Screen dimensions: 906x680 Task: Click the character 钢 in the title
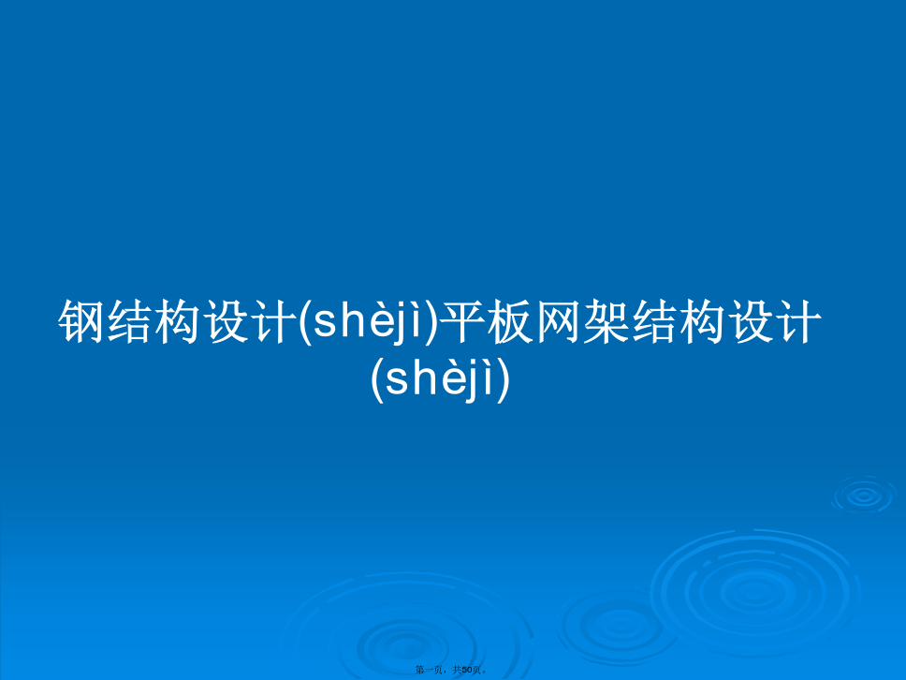tap(82, 321)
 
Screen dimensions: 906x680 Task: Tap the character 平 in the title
tap(462, 321)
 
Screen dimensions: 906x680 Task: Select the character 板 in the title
tap(511, 321)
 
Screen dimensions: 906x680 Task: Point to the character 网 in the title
tap(559, 321)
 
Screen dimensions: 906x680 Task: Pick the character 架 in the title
tap(606, 321)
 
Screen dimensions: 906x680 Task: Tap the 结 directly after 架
tap(655, 321)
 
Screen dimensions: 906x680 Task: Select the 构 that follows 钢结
tap(179, 321)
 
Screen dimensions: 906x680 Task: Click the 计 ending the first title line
tap(799, 321)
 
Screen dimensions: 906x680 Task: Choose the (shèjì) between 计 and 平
tap(369, 321)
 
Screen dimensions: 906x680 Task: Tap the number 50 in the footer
tap(467, 670)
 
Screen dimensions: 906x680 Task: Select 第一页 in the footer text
tap(428, 670)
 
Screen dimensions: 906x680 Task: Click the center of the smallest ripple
tap(864, 495)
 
